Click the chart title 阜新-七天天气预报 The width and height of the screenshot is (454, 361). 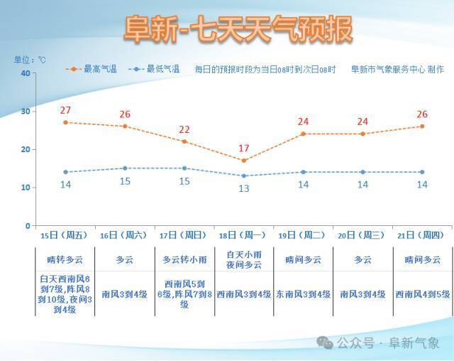click(x=238, y=29)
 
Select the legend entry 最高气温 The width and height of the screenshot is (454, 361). click(x=92, y=69)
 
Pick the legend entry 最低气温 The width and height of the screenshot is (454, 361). click(x=154, y=69)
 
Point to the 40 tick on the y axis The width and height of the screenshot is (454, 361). click(x=26, y=73)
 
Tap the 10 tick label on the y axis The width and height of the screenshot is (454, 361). click(x=26, y=188)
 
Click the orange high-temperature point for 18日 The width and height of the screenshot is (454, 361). click(x=244, y=161)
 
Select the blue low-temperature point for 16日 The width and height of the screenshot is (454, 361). click(x=125, y=168)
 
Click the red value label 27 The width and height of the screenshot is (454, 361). click(x=65, y=110)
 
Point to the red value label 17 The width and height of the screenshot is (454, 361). click(x=244, y=149)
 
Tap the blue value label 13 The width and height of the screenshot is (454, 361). click(x=244, y=188)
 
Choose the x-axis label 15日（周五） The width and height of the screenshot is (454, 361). click(x=64, y=235)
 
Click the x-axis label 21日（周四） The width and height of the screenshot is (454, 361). click(x=421, y=235)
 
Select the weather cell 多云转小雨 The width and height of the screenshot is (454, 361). click(x=184, y=259)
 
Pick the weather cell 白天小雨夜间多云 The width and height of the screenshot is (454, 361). click(x=244, y=259)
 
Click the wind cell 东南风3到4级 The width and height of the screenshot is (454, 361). click(x=303, y=294)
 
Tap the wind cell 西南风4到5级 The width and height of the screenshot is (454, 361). click(x=423, y=294)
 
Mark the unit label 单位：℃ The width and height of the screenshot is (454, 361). click(x=30, y=60)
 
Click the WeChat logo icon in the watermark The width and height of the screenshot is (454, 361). click(x=325, y=343)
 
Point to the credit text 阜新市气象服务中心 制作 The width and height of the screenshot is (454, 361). click(x=397, y=70)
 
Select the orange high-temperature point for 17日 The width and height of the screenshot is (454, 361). click(x=184, y=141)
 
